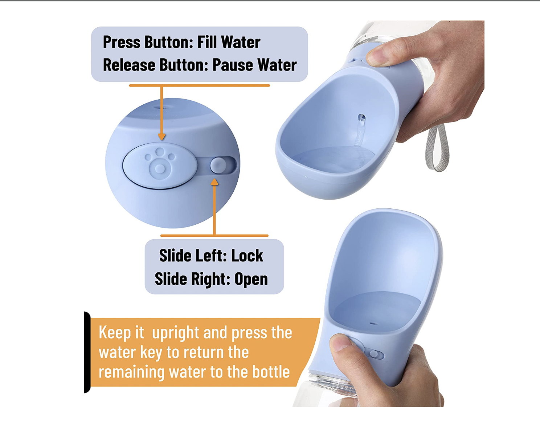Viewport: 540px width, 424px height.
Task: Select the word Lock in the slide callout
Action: click(x=247, y=255)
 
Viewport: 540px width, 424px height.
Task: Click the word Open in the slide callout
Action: click(x=251, y=279)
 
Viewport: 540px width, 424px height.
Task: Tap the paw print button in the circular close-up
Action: click(x=160, y=165)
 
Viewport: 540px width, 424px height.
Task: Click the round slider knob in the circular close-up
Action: click(x=218, y=165)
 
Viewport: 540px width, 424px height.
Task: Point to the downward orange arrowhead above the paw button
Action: click(x=161, y=137)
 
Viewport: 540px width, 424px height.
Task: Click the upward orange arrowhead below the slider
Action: click(x=214, y=182)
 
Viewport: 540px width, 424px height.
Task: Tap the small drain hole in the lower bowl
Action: click(x=373, y=324)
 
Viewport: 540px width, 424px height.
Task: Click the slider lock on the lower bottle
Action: click(x=376, y=354)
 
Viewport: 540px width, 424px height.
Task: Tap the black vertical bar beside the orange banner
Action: click(x=87, y=352)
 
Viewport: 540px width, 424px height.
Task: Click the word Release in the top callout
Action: click(x=129, y=65)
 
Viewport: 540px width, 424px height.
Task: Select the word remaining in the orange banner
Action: click(x=132, y=372)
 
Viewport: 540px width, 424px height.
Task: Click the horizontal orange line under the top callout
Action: click(x=199, y=85)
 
